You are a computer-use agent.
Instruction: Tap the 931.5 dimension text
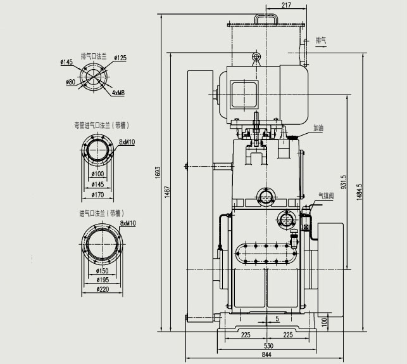pyautogui.click(x=344, y=183)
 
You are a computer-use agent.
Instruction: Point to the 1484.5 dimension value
pyautogui.click(x=360, y=192)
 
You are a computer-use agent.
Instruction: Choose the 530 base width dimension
pyautogui.click(x=268, y=346)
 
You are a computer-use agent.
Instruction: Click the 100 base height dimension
pyautogui.click(x=324, y=323)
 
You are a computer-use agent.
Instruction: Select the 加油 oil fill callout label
pyautogui.click(x=318, y=127)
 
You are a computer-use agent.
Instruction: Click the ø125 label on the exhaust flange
pyautogui.click(x=120, y=58)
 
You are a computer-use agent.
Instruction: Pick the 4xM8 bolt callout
pyautogui.click(x=118, y=93)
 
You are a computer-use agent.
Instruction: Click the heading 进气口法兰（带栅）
pyautogui.click(x=101, y=212)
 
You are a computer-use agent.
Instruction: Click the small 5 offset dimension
pyautogui.click(x=277, y=318)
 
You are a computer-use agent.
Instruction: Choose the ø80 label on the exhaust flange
pyautogui.click(x=70, y=81)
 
